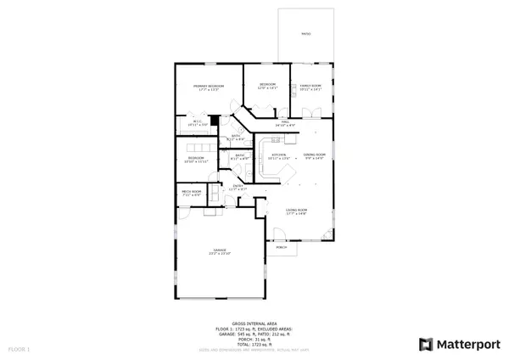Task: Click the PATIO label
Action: click(x=305, y=34)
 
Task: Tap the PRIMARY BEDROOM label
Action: click(x=207, y=87)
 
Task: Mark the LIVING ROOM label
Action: click(x=295, y=211)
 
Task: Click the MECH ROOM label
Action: click(x=191, y=192)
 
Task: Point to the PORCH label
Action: click(x=281, y=247)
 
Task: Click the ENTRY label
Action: click(x=239, y=186)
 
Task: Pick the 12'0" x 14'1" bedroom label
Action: click(x=267, y=86)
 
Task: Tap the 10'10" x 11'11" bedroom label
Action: click(x=195, y=158)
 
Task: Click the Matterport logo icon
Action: click(x=427, y=344)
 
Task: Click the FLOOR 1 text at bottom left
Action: click(x=19, y=349)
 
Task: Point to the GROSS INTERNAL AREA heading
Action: click(x=254, y=326)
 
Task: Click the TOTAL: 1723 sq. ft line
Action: click(x=254, y=345)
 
